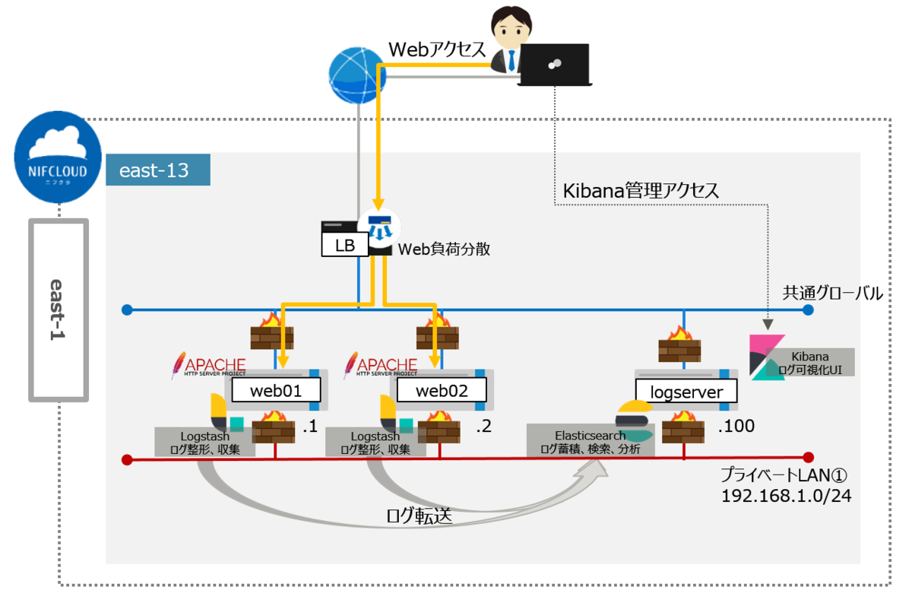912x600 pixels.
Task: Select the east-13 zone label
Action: click(158, 170)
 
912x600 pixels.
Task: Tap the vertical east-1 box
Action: click(59, 310)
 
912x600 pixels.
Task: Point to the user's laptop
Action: click(555, 65)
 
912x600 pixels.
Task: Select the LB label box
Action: click(346, 245)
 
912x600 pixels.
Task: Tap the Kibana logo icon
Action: click(766, 357)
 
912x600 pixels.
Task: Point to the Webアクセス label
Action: click(437, 49)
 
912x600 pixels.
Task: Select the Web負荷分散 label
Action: click(445, 249)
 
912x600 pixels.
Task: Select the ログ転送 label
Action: click(420, 517)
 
